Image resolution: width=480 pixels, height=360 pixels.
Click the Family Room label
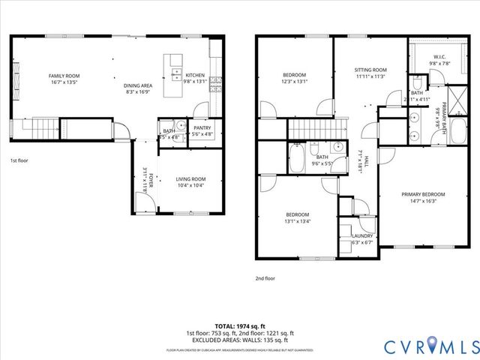click(x=64, y=76)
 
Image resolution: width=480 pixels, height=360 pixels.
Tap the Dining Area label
click(x=138, y=85)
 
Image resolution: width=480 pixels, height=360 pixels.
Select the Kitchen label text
click(x=195, y=76)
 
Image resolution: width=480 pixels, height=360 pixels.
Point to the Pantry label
click(x=202, y=128)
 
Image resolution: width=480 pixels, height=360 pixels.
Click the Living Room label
click(x=191, y=178)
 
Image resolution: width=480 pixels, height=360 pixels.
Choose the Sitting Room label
click(x=370, y=70)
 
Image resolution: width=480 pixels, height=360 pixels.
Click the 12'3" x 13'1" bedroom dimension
click(x=294, y=82)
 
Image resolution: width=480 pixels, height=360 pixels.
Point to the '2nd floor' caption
click(x=265, y=278)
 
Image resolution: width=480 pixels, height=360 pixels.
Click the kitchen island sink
click(x=177, y=75)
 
